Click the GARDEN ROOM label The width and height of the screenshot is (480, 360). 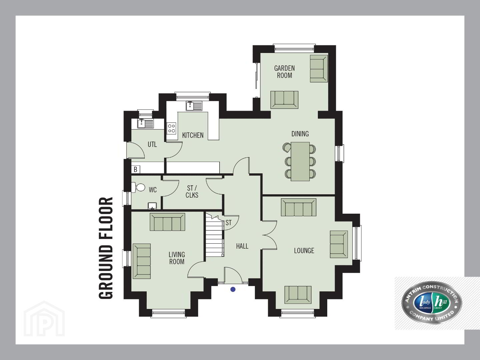tap(284, 72)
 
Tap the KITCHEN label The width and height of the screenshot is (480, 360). tap(193, 135)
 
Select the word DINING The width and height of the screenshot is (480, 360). tap(300, 134)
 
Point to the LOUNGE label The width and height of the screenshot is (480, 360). tap(304, 251)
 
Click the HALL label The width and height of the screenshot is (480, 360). tap(242, 246)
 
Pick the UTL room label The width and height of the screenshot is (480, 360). tap(152, 144)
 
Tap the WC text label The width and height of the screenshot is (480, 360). tap(153, 190)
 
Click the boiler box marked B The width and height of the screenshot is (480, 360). tap(135, 169)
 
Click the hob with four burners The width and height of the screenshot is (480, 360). tap(171, 128)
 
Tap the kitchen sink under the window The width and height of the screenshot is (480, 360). tap(194, 106)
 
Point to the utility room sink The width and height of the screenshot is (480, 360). tap(145, 124)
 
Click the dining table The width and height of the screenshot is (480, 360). tap(300, 162)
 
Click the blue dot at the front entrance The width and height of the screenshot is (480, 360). tap(233, 289)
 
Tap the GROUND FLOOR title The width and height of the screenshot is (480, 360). tap(106, 248)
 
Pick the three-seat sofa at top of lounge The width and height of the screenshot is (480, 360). tap(299, 207)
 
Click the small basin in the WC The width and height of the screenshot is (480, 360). tap(152, 206)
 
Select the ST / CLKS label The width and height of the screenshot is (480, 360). tap(192, 192)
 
